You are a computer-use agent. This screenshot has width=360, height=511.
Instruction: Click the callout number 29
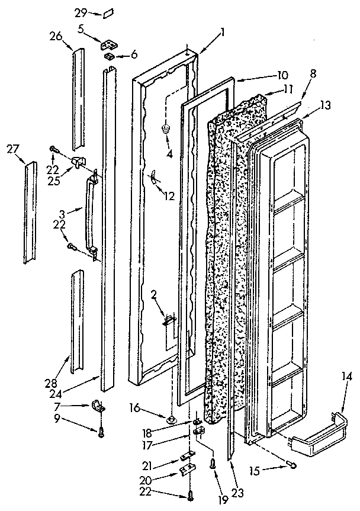tap(82, 11)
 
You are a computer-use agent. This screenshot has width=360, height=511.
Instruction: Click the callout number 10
tap(282, 75)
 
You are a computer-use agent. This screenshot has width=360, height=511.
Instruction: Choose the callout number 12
tap(169, 196)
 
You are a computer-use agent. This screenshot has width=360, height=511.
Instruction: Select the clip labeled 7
tap(99, 407)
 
